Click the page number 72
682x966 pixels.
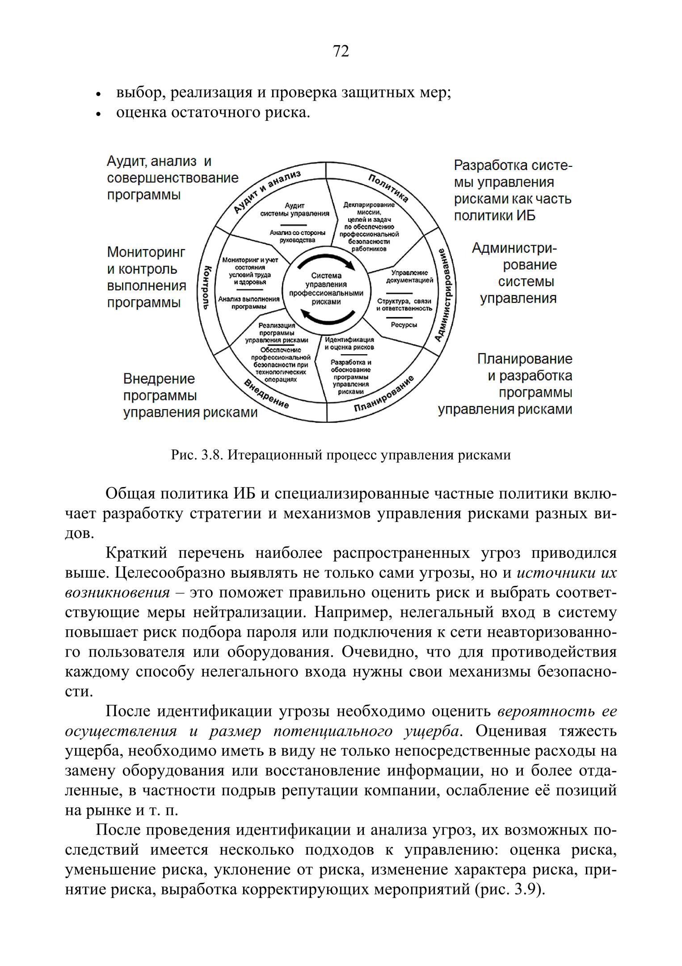341,52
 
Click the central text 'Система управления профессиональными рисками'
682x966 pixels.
326,288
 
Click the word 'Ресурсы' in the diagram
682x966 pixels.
404,325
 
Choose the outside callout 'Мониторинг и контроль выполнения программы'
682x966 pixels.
147,277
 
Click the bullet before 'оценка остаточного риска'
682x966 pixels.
98,114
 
